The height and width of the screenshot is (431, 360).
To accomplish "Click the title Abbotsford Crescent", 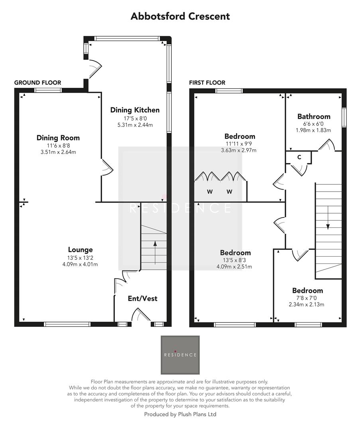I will [x=180, y=16].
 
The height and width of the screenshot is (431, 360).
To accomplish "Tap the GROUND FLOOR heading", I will [x=37, y=83].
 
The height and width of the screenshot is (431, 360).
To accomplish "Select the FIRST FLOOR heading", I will [x=207, y=83].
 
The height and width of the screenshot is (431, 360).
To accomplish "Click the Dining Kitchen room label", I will [x=135, y=110].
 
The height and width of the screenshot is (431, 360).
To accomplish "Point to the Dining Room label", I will [x=58, y=138].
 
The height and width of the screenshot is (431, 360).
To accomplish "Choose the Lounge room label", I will [x=80, y=249].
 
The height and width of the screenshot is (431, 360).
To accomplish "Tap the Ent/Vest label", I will [x=142, y=298].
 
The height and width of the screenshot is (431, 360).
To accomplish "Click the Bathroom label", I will [x=314, y=117].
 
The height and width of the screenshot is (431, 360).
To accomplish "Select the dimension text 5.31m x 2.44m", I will [x=135, y=125].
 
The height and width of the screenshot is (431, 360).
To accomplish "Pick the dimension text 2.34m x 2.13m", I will [x=307, y=304].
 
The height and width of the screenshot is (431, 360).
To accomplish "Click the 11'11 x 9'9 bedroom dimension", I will [x=240, y=144].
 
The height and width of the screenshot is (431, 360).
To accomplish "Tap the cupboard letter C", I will [x=299, y=157].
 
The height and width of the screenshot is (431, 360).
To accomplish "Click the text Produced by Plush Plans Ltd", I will [x=180, y=414].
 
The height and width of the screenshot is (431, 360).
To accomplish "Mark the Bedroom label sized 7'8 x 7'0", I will [x=307, y=291].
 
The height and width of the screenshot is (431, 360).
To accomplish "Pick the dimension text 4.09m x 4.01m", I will [x=80, y=264].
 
